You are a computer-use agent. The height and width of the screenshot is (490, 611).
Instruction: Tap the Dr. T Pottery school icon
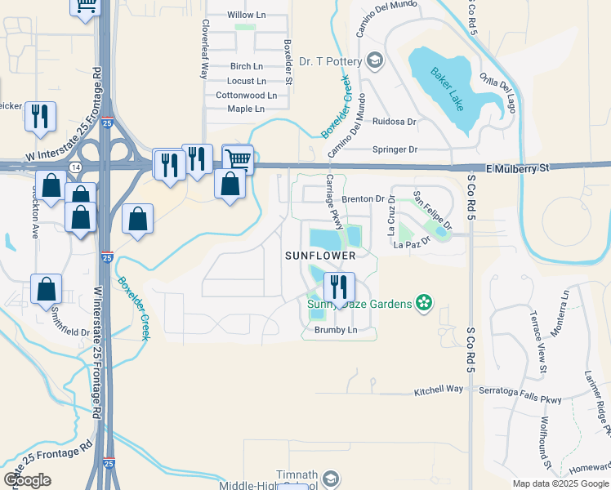tap(375, 60)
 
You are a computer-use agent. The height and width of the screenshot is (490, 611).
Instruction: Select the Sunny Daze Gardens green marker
tap(423, 304)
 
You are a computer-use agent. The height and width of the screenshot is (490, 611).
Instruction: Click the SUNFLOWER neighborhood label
tap(320, 256)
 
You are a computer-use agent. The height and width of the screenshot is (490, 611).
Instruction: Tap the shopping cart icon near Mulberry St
tap(237, 158)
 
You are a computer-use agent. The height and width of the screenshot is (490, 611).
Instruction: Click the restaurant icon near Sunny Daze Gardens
tap(338, 287)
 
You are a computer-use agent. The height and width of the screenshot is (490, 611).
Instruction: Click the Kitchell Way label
tap(438, 390)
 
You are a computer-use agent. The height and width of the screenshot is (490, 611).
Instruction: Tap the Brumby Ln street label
tap(337, 330)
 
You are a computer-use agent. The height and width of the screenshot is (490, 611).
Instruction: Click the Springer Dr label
tap(395, 149)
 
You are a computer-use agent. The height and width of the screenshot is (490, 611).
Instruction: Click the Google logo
tap(27, 479)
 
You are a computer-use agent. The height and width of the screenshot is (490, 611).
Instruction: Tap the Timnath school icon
tap(330, 478)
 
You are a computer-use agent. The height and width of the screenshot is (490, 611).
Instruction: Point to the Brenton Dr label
tap(363, 198)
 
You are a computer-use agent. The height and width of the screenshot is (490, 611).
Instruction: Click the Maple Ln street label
tap(246, 109)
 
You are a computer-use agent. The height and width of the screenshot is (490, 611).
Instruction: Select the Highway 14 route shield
tap(75, 166)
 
